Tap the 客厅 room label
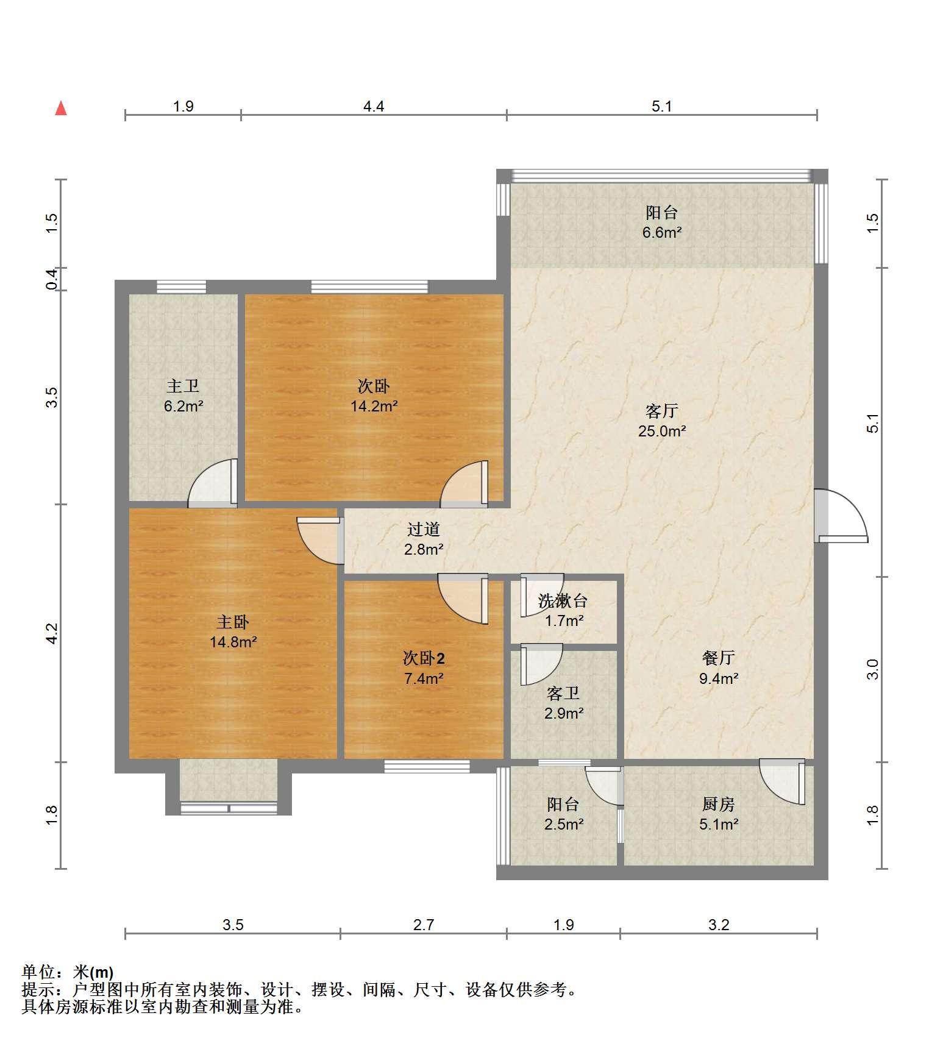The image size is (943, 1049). [662, 411]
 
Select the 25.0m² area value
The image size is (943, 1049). [662, 431]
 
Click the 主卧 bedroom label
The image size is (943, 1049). [233, 622]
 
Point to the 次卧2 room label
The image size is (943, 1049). [424, 658]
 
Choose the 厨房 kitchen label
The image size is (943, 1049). [719, 804]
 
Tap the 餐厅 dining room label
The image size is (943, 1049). [719, 658]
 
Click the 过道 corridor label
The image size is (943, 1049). [424, 529]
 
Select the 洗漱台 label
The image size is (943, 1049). [563, 601]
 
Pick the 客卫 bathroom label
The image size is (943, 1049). [563, 693]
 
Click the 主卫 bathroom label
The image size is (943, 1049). [183, 386]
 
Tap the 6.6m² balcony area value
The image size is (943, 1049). [662, 232]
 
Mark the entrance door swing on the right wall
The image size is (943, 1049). [841, 516]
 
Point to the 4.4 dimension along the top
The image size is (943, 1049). [374, 106]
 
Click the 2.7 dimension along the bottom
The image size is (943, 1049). [424, 925]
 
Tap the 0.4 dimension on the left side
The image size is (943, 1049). [52, 279]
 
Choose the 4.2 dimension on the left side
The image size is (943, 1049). [52, 633]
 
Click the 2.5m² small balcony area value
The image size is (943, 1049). [563, 824]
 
